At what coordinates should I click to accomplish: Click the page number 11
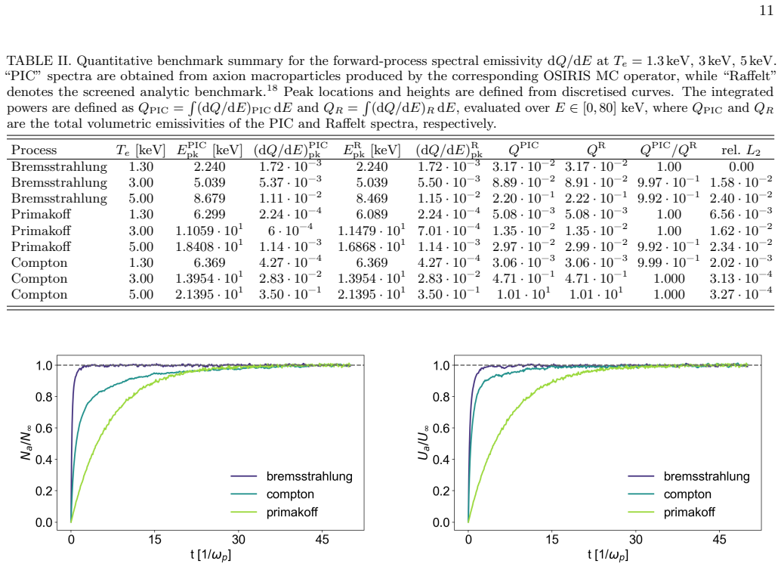767,10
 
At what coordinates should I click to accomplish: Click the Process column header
34,150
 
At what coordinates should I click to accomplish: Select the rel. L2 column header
741,150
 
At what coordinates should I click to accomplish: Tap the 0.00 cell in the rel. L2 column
741,166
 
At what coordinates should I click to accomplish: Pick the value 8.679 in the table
209,199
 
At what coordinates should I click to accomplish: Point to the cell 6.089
372,215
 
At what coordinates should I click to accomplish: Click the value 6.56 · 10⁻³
741,214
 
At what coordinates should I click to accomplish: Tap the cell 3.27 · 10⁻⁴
741,294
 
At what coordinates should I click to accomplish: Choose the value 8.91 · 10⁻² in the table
596,182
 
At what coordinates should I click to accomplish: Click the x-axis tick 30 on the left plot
238,540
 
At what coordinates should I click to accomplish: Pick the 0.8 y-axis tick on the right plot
441,397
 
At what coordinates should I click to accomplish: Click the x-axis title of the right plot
608,555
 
